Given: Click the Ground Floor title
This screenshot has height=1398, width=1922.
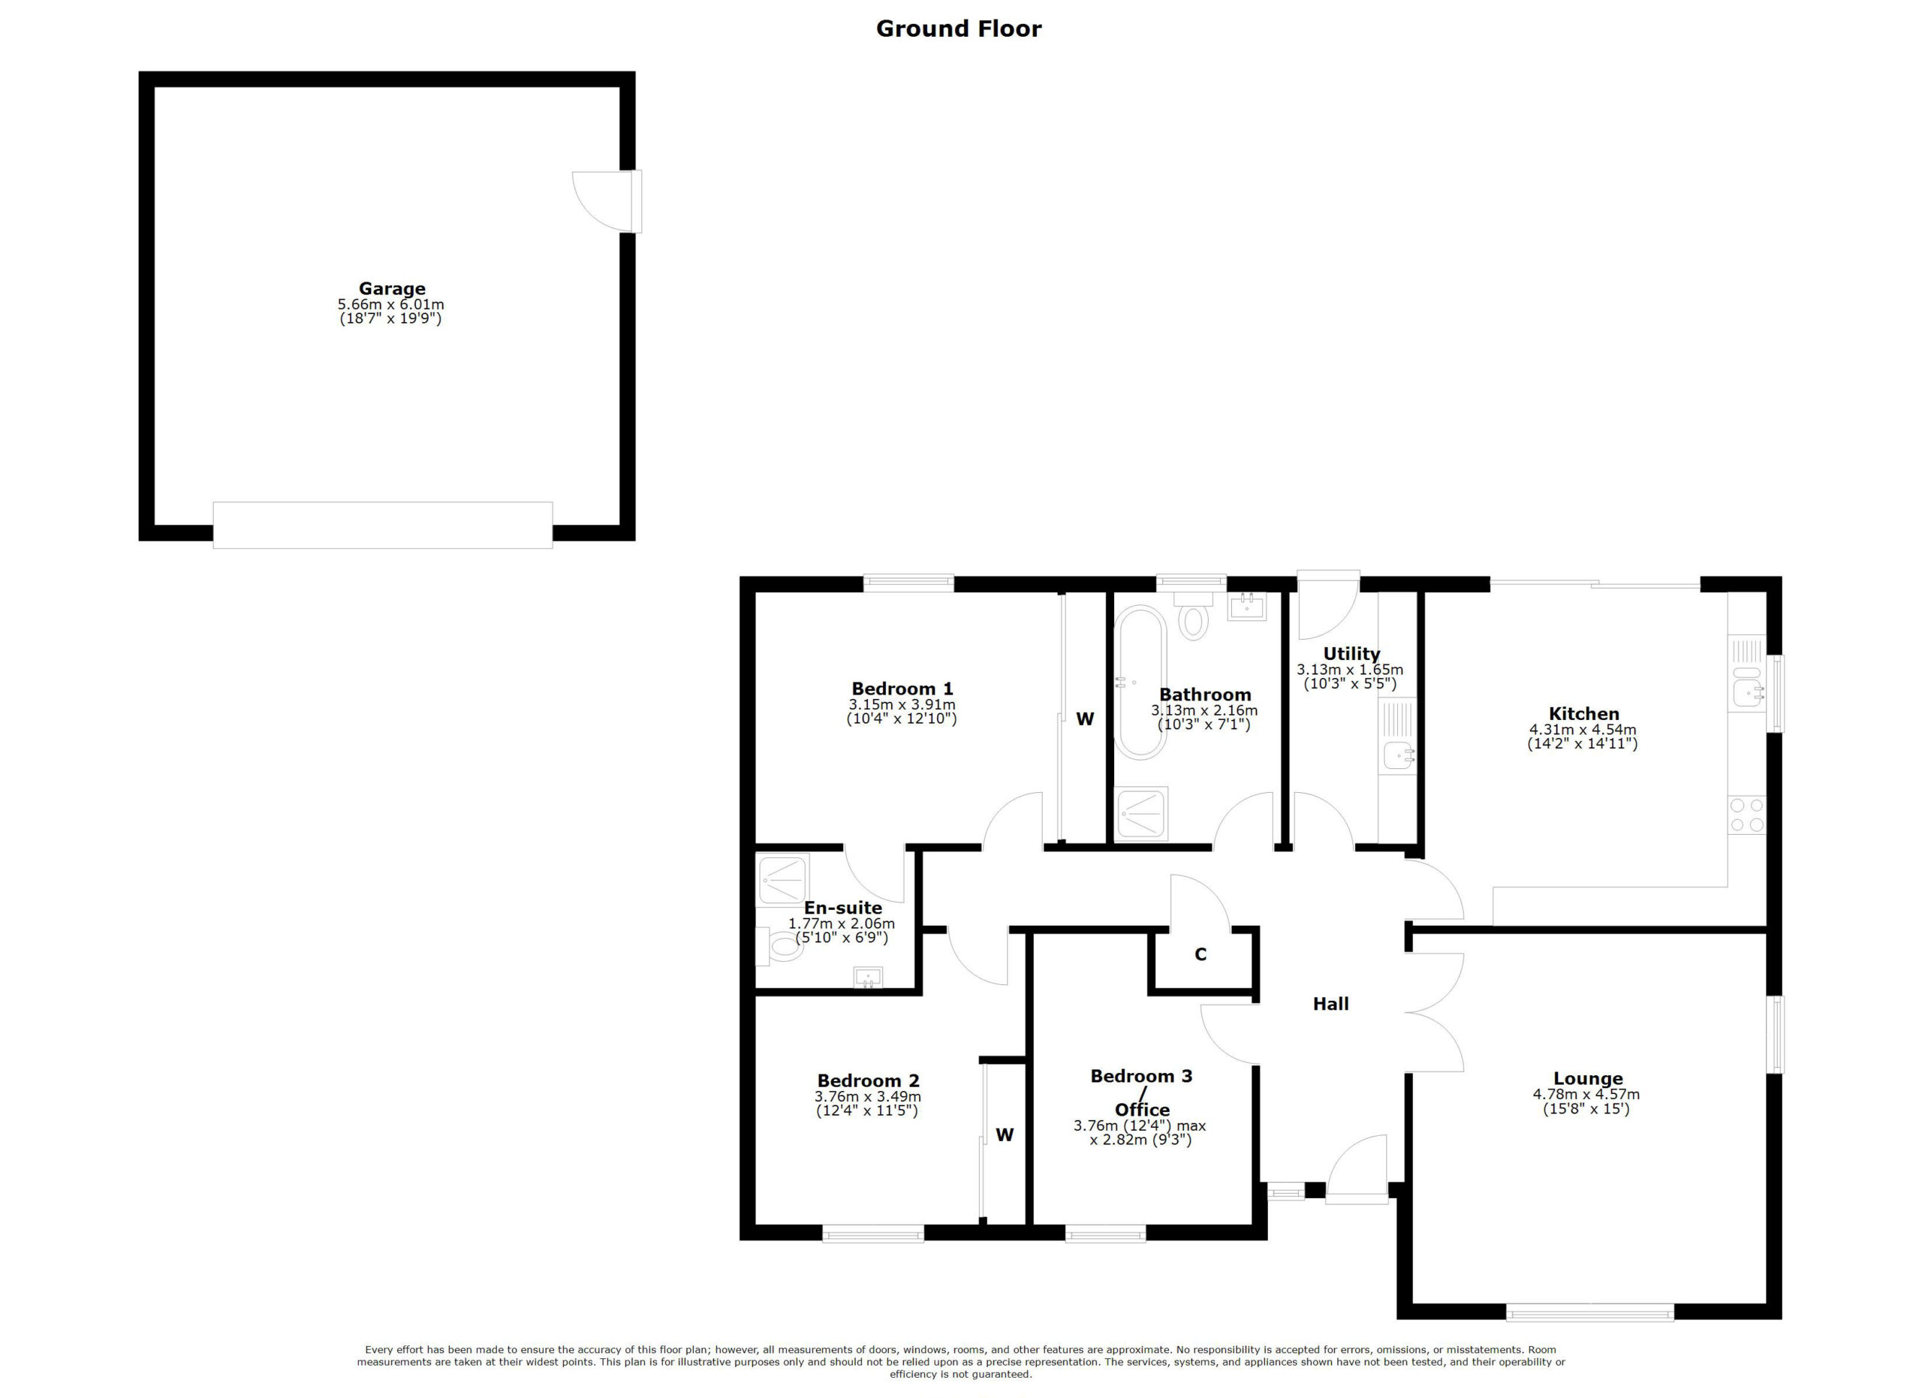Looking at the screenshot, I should pyautogui.click(x=959, y=29).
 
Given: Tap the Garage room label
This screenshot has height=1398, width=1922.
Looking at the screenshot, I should pyautogui.click(x=391, y=288).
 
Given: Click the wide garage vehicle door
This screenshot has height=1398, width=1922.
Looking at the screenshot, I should pyautogui.click(x=382, y=526).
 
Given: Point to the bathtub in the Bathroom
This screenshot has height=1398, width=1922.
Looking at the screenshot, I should pyautogui.click(x=1141, y=683).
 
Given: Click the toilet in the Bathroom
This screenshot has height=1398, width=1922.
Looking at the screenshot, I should pyautogui.click(x=1193, y=618).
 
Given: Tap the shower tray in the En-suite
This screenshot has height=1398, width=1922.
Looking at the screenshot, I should pyautogui.click(x=782, y=878).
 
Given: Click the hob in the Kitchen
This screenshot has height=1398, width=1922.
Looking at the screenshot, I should pyautogui.click(x=1746, y=815).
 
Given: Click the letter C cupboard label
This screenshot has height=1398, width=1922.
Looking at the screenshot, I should pyautogui.click(x=1200, y=955).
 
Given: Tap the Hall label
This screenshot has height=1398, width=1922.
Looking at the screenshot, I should pyautogui.click(x=1330, y=1004).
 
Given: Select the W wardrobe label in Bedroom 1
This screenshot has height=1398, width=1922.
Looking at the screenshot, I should pyautogui.click(x=1085, y=719).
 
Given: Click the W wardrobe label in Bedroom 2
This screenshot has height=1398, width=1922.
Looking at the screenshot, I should pyautogui.click(x=1005, y=1134).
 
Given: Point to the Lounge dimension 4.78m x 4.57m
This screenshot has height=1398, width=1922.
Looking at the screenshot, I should pyautogui.click(x=1586, y=1094).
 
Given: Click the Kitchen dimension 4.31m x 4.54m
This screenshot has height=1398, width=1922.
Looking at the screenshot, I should pyautogui.click(x=1582, y=730).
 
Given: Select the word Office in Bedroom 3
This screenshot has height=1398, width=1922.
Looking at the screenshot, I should pyautogui.click(x=1141, y=1110).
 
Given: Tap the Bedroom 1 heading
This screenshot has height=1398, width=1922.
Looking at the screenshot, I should pyautogui.click(x=902, y=688).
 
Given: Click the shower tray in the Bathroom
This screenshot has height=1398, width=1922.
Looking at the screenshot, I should pyautogui.click(x=1140, y=813).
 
